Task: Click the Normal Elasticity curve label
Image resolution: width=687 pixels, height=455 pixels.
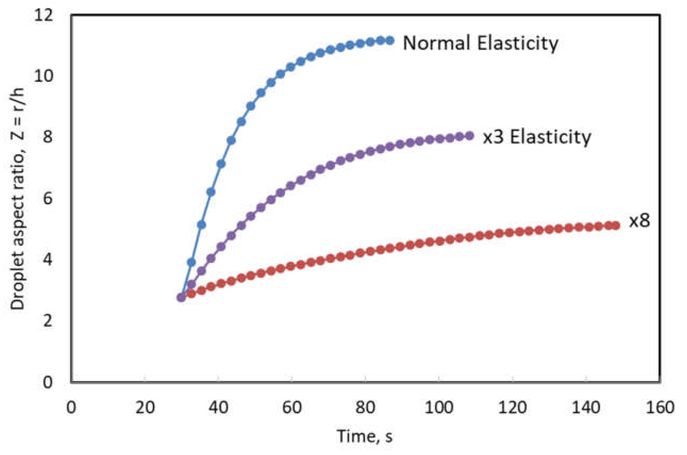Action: tap(480, 43)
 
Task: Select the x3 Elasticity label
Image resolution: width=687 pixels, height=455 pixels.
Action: tap(536, 137)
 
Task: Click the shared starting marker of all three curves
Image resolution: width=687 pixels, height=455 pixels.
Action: tap(181, 297)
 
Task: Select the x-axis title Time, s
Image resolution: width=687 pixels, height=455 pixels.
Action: tap(365, 436)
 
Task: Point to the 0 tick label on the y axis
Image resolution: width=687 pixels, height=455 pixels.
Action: tap(48, 383)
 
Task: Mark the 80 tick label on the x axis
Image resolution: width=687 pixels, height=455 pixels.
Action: tap(365, 407)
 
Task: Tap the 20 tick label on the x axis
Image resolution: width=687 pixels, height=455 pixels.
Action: tap(145, 407)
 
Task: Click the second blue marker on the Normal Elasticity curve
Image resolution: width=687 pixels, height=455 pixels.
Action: tap(191, 262)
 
